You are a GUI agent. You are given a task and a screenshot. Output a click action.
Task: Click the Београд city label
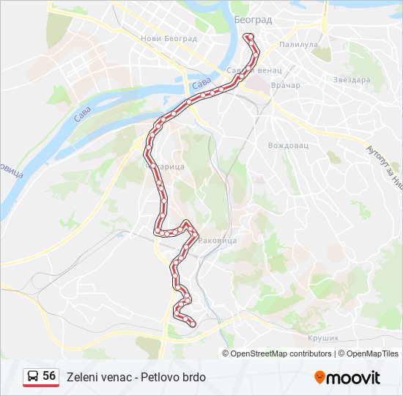click(253, 19)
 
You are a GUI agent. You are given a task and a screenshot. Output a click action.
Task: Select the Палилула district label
click(297, 45)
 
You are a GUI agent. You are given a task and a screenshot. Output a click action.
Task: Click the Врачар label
click(286, 86)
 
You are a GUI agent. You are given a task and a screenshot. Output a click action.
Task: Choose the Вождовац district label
click(288, 145)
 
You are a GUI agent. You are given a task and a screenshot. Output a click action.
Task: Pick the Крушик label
click(322, 338)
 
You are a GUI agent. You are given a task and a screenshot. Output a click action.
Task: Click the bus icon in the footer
click(32, 377)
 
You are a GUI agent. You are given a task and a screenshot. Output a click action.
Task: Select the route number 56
click(50, 376)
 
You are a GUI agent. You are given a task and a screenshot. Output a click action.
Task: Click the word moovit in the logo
click(354, 377)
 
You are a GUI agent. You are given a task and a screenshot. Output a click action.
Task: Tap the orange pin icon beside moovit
click(320, 377)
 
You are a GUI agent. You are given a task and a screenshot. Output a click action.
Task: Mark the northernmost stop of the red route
click(249, 35)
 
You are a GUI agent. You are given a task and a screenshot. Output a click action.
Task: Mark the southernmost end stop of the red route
click(193, 322)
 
